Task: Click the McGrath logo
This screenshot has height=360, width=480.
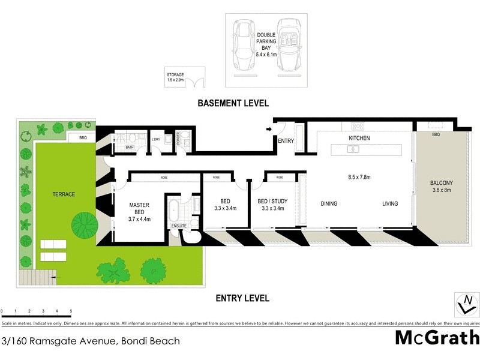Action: click(x=437, y=338)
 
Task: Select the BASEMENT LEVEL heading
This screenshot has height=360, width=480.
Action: click(x=233, y=103)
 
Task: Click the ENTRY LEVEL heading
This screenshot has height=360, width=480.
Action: click(x=242, y=298)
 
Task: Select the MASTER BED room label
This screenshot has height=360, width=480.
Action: click(x=139, y=209)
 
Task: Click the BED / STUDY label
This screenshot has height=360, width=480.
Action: click(x=271, y=205)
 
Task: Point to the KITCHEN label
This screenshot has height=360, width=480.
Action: click(x=359, y=138)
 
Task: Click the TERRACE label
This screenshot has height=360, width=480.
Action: click(x=63, y=194)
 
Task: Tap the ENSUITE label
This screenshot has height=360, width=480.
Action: click(x=179, y=226)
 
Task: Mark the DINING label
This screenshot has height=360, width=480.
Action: click(x=329, y=204)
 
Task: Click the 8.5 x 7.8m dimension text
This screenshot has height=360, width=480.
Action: click(x=359, y=177)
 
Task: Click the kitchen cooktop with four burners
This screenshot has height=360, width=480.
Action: click(x=358, y=126)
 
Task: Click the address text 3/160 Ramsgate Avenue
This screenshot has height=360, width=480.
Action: click(x=91, y=341)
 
